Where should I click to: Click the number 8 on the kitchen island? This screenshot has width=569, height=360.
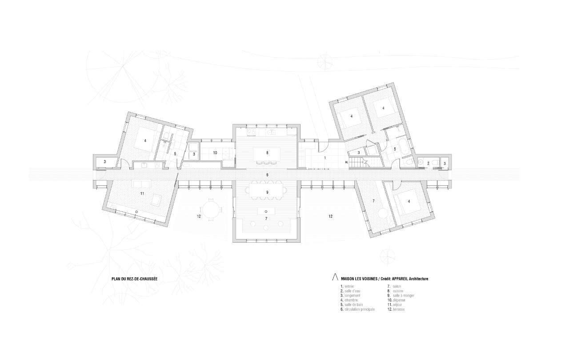coord(267,152)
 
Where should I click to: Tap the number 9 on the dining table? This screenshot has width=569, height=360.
coord(267,192)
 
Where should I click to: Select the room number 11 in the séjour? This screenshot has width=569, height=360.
coord(142,193)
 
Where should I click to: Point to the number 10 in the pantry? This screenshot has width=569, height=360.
coord(215,152)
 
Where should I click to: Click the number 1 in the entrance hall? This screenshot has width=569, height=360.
coord(325,158)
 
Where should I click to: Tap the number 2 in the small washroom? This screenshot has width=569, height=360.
coord(429,164)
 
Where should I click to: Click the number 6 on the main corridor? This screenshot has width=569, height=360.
coord(267,175)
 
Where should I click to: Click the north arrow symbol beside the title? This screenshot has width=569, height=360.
coord(331,278)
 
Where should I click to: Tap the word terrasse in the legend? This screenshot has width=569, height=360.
coord(399,309)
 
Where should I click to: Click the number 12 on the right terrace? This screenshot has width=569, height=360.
coord(330,216)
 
